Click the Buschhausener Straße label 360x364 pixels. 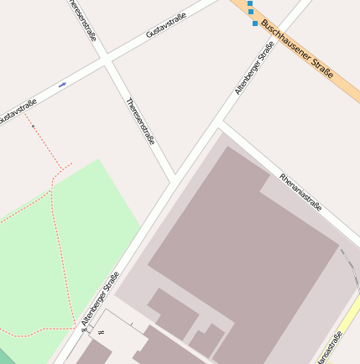coord(298,49)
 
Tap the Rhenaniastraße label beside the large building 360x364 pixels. coord(300,193)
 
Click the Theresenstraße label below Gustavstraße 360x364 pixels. coord(140,121)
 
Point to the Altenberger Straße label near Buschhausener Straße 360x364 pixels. coord(254,68)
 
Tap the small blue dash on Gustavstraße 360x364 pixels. coord(63,85)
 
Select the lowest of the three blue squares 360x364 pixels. coord(255,23)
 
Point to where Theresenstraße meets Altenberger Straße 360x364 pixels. coord(174,179)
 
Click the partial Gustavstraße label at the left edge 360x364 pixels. coord(17,112)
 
